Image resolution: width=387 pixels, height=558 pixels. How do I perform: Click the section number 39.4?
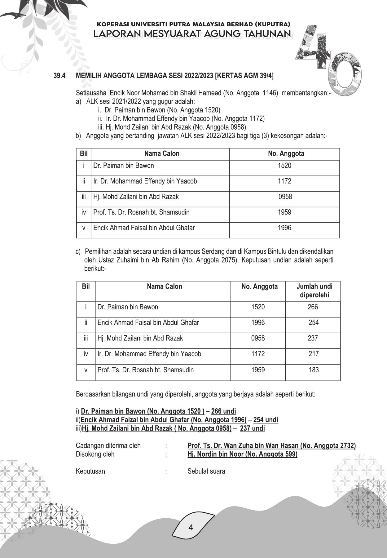click(x=59, y=76)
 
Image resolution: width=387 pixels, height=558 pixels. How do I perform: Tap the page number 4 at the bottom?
click(x=191, y=527)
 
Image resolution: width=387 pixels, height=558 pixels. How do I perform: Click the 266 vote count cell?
click(x=313, y=307)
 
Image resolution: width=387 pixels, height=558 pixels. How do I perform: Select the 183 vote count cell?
click(x=314, y=370)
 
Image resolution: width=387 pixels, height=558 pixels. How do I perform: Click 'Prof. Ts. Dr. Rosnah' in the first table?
click(x=141, y=212)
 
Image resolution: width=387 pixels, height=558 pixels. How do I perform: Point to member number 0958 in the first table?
click(x=285, y=197)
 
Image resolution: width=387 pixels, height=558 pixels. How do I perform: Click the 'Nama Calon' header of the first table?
click(x=162, y=154)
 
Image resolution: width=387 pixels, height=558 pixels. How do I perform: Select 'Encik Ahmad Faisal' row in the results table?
click(x=148, y=323)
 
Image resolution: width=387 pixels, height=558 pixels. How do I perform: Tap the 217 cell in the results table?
click(x=314, y=354)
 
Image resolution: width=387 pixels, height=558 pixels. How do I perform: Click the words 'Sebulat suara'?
click(x=206, y=472)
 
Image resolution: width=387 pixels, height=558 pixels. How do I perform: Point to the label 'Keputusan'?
click(x=90, y=472)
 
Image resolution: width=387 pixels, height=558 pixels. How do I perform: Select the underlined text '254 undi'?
click(x=266, y=420)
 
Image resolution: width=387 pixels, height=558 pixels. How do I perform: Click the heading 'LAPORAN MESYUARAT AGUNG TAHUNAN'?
click(x=192, y=34)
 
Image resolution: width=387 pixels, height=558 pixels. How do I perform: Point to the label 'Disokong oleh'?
click(x=95, y=454)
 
